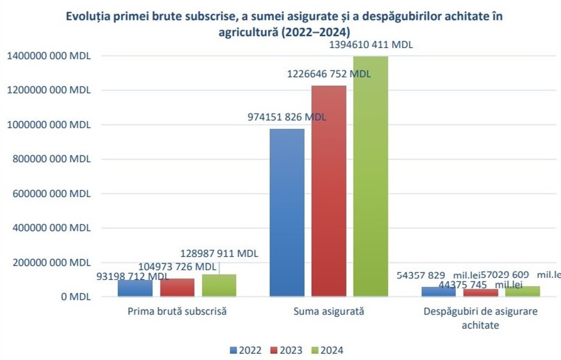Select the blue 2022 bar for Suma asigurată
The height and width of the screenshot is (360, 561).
tap(287, 212)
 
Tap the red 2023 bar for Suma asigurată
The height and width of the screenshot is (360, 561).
tap(329, 191)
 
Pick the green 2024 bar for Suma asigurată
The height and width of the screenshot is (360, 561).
tap(370, 175)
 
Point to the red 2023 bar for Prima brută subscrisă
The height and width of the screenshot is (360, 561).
tap(177, 288)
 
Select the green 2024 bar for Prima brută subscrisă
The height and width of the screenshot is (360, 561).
tap(219, 286)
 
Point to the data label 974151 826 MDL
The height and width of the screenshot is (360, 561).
tap(287, 117)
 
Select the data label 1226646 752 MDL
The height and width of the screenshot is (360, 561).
tap(329, 74)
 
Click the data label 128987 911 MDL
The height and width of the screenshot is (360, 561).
tap(219, 254)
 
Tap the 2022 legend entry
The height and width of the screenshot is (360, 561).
tap(245, 350)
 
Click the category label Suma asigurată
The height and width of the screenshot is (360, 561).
tap(329, 312)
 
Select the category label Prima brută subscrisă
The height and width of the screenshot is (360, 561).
tap(177, 312)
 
